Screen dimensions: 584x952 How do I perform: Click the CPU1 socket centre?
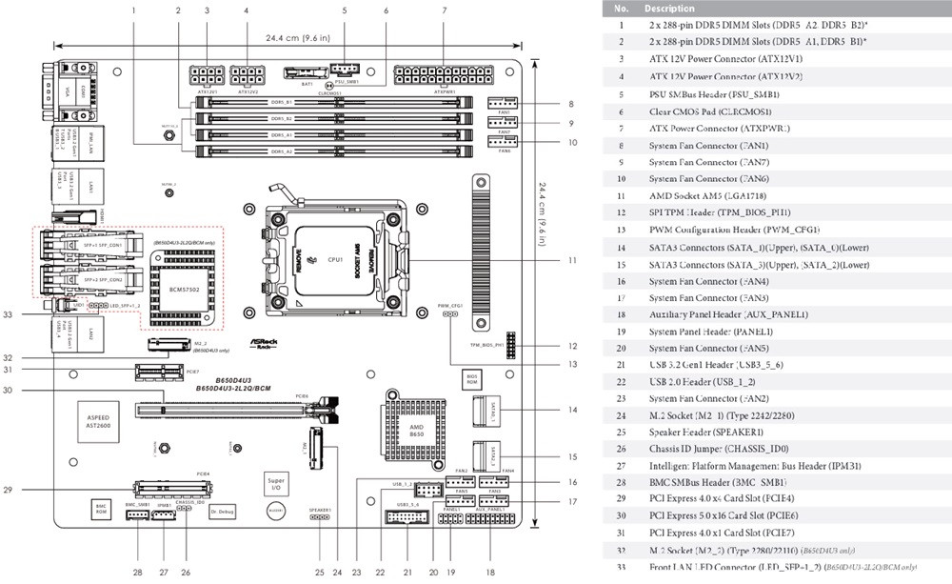(335, 258)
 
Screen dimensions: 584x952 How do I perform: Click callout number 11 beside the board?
(572, 259)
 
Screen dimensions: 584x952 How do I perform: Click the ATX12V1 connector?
(207, 74)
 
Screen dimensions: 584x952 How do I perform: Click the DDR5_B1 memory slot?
(333, 102)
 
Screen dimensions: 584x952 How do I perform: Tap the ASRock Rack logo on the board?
(264, 341)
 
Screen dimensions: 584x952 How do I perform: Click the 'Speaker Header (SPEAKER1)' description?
(711, 432)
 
